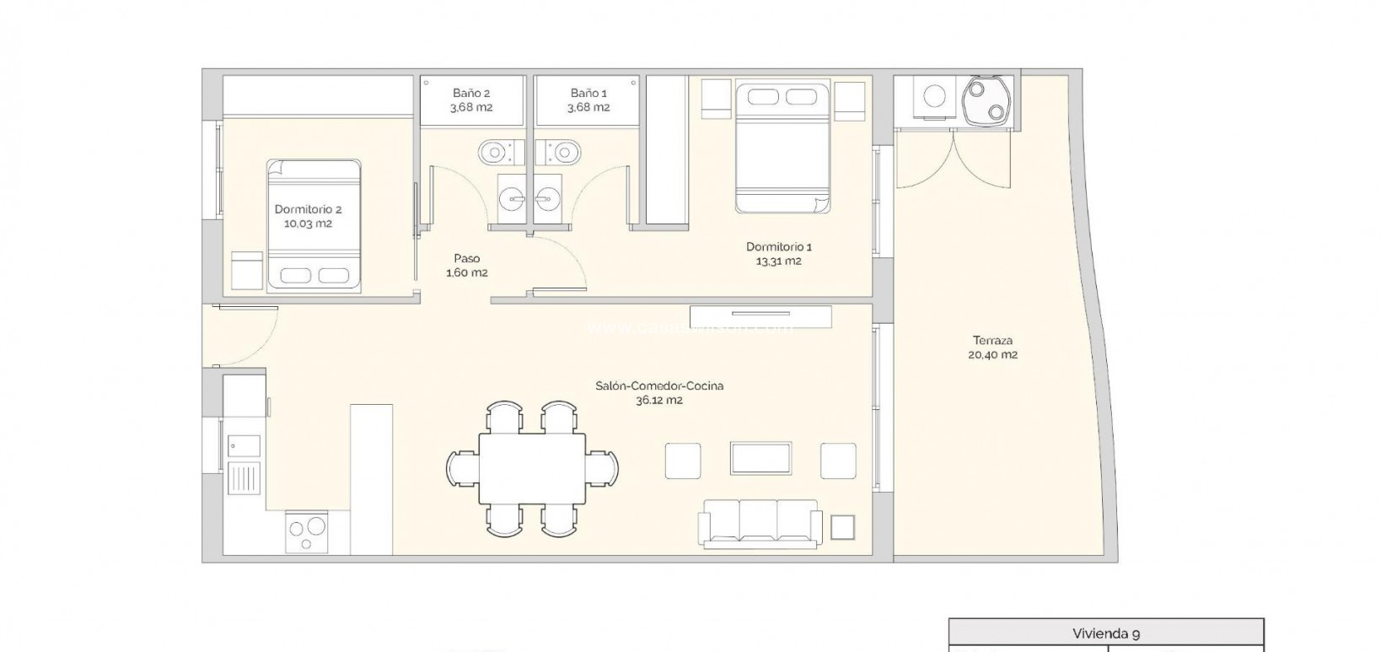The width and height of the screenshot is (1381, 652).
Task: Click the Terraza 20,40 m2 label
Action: tap(993, 348)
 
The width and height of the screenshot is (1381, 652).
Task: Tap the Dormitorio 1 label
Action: tap(778, 254)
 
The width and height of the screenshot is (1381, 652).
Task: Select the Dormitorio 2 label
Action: tap(308, 217)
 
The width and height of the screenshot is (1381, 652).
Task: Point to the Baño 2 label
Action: tap(470, 100)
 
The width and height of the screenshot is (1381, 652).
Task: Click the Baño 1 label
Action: tap(588, 100)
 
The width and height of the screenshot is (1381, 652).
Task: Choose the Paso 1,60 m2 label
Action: tap(466, 266)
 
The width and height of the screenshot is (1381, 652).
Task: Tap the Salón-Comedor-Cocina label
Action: tap(658, 393)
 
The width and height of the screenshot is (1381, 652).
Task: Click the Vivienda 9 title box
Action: tap(1105, 633)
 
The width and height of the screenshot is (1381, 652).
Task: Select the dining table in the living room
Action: tap(532, 468)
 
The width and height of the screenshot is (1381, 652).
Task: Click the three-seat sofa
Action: tap(758, 523)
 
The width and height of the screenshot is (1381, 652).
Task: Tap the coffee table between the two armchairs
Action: tap(760, 459)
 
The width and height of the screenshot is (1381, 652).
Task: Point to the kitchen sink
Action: tap(244, 445)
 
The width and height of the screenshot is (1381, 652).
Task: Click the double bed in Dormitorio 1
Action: tap(782, 148)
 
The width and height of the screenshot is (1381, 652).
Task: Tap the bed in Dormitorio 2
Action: tap(314, 226)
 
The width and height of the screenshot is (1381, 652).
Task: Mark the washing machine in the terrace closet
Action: tap(934, 98)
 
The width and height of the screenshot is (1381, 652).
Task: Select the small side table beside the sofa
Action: tap(842, 527)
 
